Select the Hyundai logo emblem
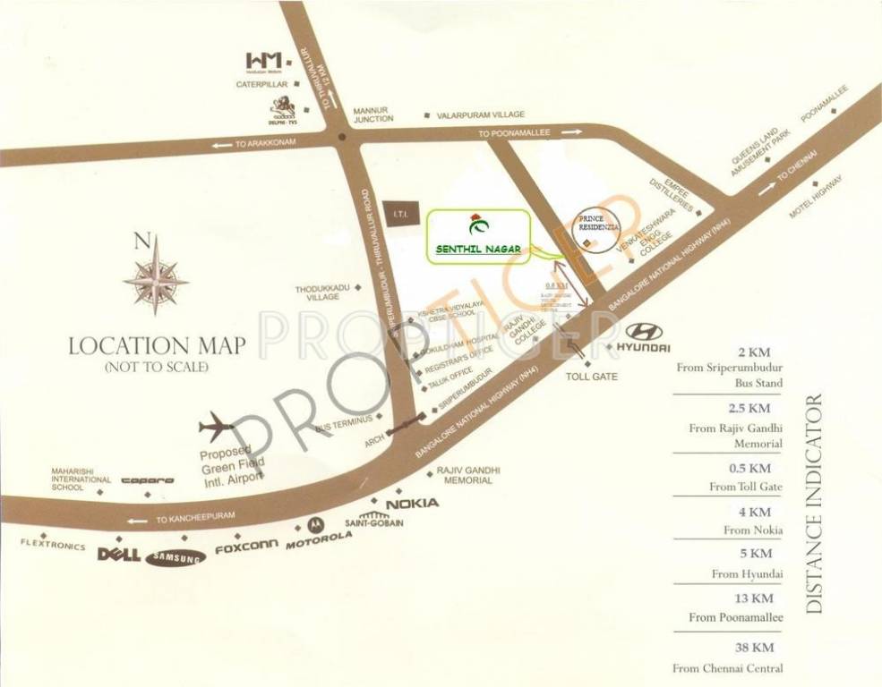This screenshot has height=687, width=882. [644, 332]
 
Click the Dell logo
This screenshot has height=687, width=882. [118, 555]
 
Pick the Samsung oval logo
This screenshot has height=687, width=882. [176, 556]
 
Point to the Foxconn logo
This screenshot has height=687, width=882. [246, 548]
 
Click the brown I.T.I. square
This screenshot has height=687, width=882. [397, 211]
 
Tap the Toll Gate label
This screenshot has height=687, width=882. [592, 377]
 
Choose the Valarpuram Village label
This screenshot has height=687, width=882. [481, 115]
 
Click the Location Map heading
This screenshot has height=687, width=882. [157, 345]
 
